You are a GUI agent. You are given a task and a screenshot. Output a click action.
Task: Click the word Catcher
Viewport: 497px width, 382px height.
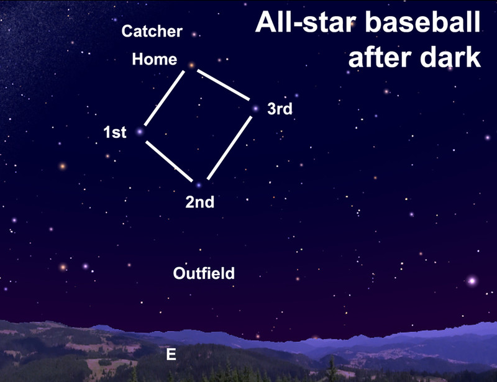pyautogui.click(x=152, y=31)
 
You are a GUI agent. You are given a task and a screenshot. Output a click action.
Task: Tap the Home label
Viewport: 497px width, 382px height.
pyautogui.click(x=154, y=59)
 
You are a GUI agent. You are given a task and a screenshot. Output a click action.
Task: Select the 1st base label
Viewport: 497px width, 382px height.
pyautogui.click(x=115, y=132)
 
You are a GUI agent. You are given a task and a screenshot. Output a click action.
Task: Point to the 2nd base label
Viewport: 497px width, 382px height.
pyautogui.click(x=199, y=202)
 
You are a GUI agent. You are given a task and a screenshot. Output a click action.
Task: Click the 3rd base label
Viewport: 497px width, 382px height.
pyautogui.click(x=280, y=109)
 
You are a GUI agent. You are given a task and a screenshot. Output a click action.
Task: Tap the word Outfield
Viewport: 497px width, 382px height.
pyautogui.click(x=204, y=273)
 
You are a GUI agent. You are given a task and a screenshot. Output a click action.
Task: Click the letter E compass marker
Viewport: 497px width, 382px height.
pyautogui.click(x=171, y=354)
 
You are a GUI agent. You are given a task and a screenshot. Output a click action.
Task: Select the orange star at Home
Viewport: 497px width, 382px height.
pyautogui.click(x=191, y=66)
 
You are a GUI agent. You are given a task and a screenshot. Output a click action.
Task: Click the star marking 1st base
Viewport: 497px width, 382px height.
pyautogui.click(x=139, y=132)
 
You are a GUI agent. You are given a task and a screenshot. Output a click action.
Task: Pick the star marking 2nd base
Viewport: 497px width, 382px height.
pyautogui.click(x=199, y=185)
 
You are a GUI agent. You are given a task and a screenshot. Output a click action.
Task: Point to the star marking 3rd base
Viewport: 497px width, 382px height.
pyautogui.click(x=255, y=109)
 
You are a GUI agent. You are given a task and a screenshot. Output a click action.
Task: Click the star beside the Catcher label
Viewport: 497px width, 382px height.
pyautogui.click(x=194, y=34)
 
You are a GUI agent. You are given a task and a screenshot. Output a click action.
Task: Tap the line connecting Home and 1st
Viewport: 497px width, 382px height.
pyautogui.click(x=164, y=98)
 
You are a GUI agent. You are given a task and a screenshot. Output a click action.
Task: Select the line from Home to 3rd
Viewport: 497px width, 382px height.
pyautogui.click(x=223, y=85)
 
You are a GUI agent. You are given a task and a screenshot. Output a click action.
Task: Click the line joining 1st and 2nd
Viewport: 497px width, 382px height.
pyautogui.click(x=169, y=161)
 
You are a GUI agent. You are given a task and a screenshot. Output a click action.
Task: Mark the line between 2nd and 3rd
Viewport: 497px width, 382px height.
pyautogui.click(x=229, y=148)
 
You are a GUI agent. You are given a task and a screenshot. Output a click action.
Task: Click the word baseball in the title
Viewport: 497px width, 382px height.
pyautogui.click(x=423, y=22)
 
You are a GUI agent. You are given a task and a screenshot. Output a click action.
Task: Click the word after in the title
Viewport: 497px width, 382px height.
pyautogui.click(x=380, y=57)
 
